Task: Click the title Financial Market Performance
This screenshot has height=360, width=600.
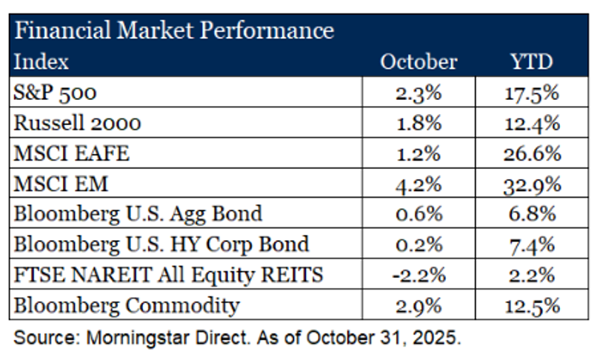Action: (x=174, y=30)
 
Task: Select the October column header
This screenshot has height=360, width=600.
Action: (x=419, y=61)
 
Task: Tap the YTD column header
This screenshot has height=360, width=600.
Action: (x=533, y=61)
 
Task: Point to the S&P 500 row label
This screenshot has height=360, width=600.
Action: (x=55, y=93)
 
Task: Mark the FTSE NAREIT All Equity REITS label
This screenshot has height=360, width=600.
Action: (x=169, y=275)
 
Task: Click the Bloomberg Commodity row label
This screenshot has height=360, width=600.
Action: (x=127, y=305)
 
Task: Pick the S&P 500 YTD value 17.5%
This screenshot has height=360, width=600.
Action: (x=533, y=93)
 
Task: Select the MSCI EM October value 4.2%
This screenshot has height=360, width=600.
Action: (x=419, y=184)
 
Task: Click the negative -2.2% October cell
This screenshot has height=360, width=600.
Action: (x=419, y=275)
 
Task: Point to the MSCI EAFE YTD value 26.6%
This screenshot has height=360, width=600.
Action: (x=533, y=154)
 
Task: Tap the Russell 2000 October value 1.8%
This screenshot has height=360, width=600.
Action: (x=419, y=124)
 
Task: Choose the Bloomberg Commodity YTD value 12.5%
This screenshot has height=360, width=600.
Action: (x=533, y=305)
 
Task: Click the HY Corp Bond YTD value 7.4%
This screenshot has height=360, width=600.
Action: (x=533, y=244)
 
